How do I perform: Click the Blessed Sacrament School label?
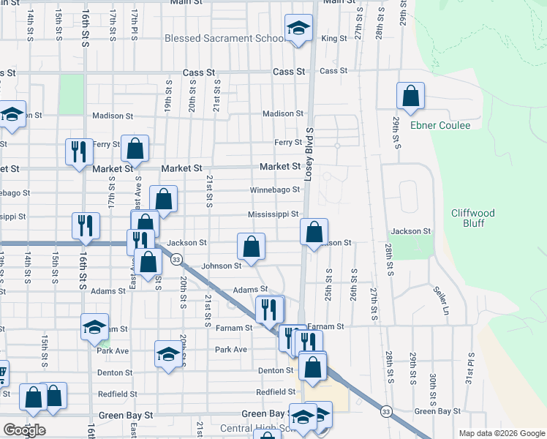coord(224,38)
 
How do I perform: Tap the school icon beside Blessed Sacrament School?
coord(297,29)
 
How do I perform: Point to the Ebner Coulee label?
coord(440,125)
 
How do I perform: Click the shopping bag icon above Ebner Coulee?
coord(411,95)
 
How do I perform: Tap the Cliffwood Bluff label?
coord(472,218)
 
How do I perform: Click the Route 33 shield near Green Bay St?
coord(385,412)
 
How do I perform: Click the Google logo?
coord(24,430)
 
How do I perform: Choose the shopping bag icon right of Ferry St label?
coord(135,149)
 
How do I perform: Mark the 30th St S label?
coord(434,386)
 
